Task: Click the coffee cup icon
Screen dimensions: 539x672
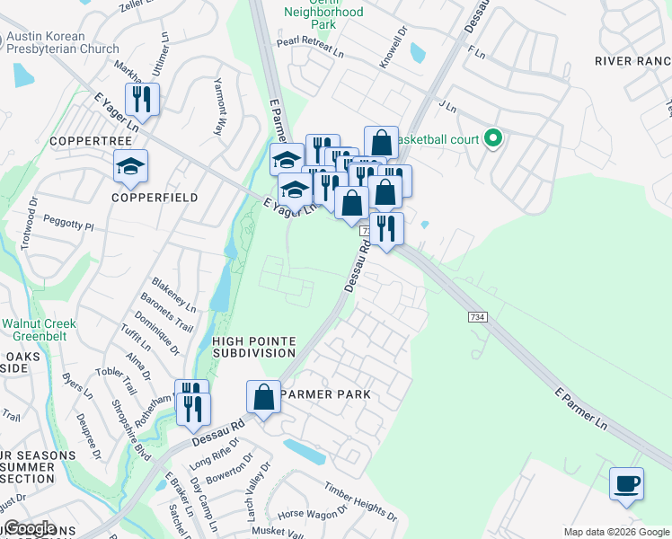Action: point(626,483)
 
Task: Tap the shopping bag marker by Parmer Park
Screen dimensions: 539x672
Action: point(264,396)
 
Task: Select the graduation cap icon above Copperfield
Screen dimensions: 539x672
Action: point(130,166)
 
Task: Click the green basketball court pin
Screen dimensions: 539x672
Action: point(492,139)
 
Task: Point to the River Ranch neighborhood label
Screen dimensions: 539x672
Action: point(632,61)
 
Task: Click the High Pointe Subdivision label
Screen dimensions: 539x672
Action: point(254,348)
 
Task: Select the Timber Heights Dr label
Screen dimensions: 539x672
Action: point(361,502)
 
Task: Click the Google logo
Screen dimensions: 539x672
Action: point(29,528)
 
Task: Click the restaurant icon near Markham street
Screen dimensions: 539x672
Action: point(143,99)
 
